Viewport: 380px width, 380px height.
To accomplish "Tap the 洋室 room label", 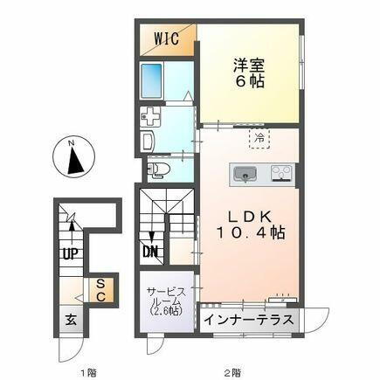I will pos(246,63).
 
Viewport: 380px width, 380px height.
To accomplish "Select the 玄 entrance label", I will pos(68,319).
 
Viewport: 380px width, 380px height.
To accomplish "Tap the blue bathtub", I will pos(155,81).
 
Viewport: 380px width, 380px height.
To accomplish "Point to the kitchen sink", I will pos(245,175).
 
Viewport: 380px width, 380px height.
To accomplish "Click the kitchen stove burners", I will pos(281,173).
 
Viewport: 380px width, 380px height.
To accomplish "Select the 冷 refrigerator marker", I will pos(259,136).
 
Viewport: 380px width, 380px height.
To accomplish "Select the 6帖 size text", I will pos(246,80).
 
